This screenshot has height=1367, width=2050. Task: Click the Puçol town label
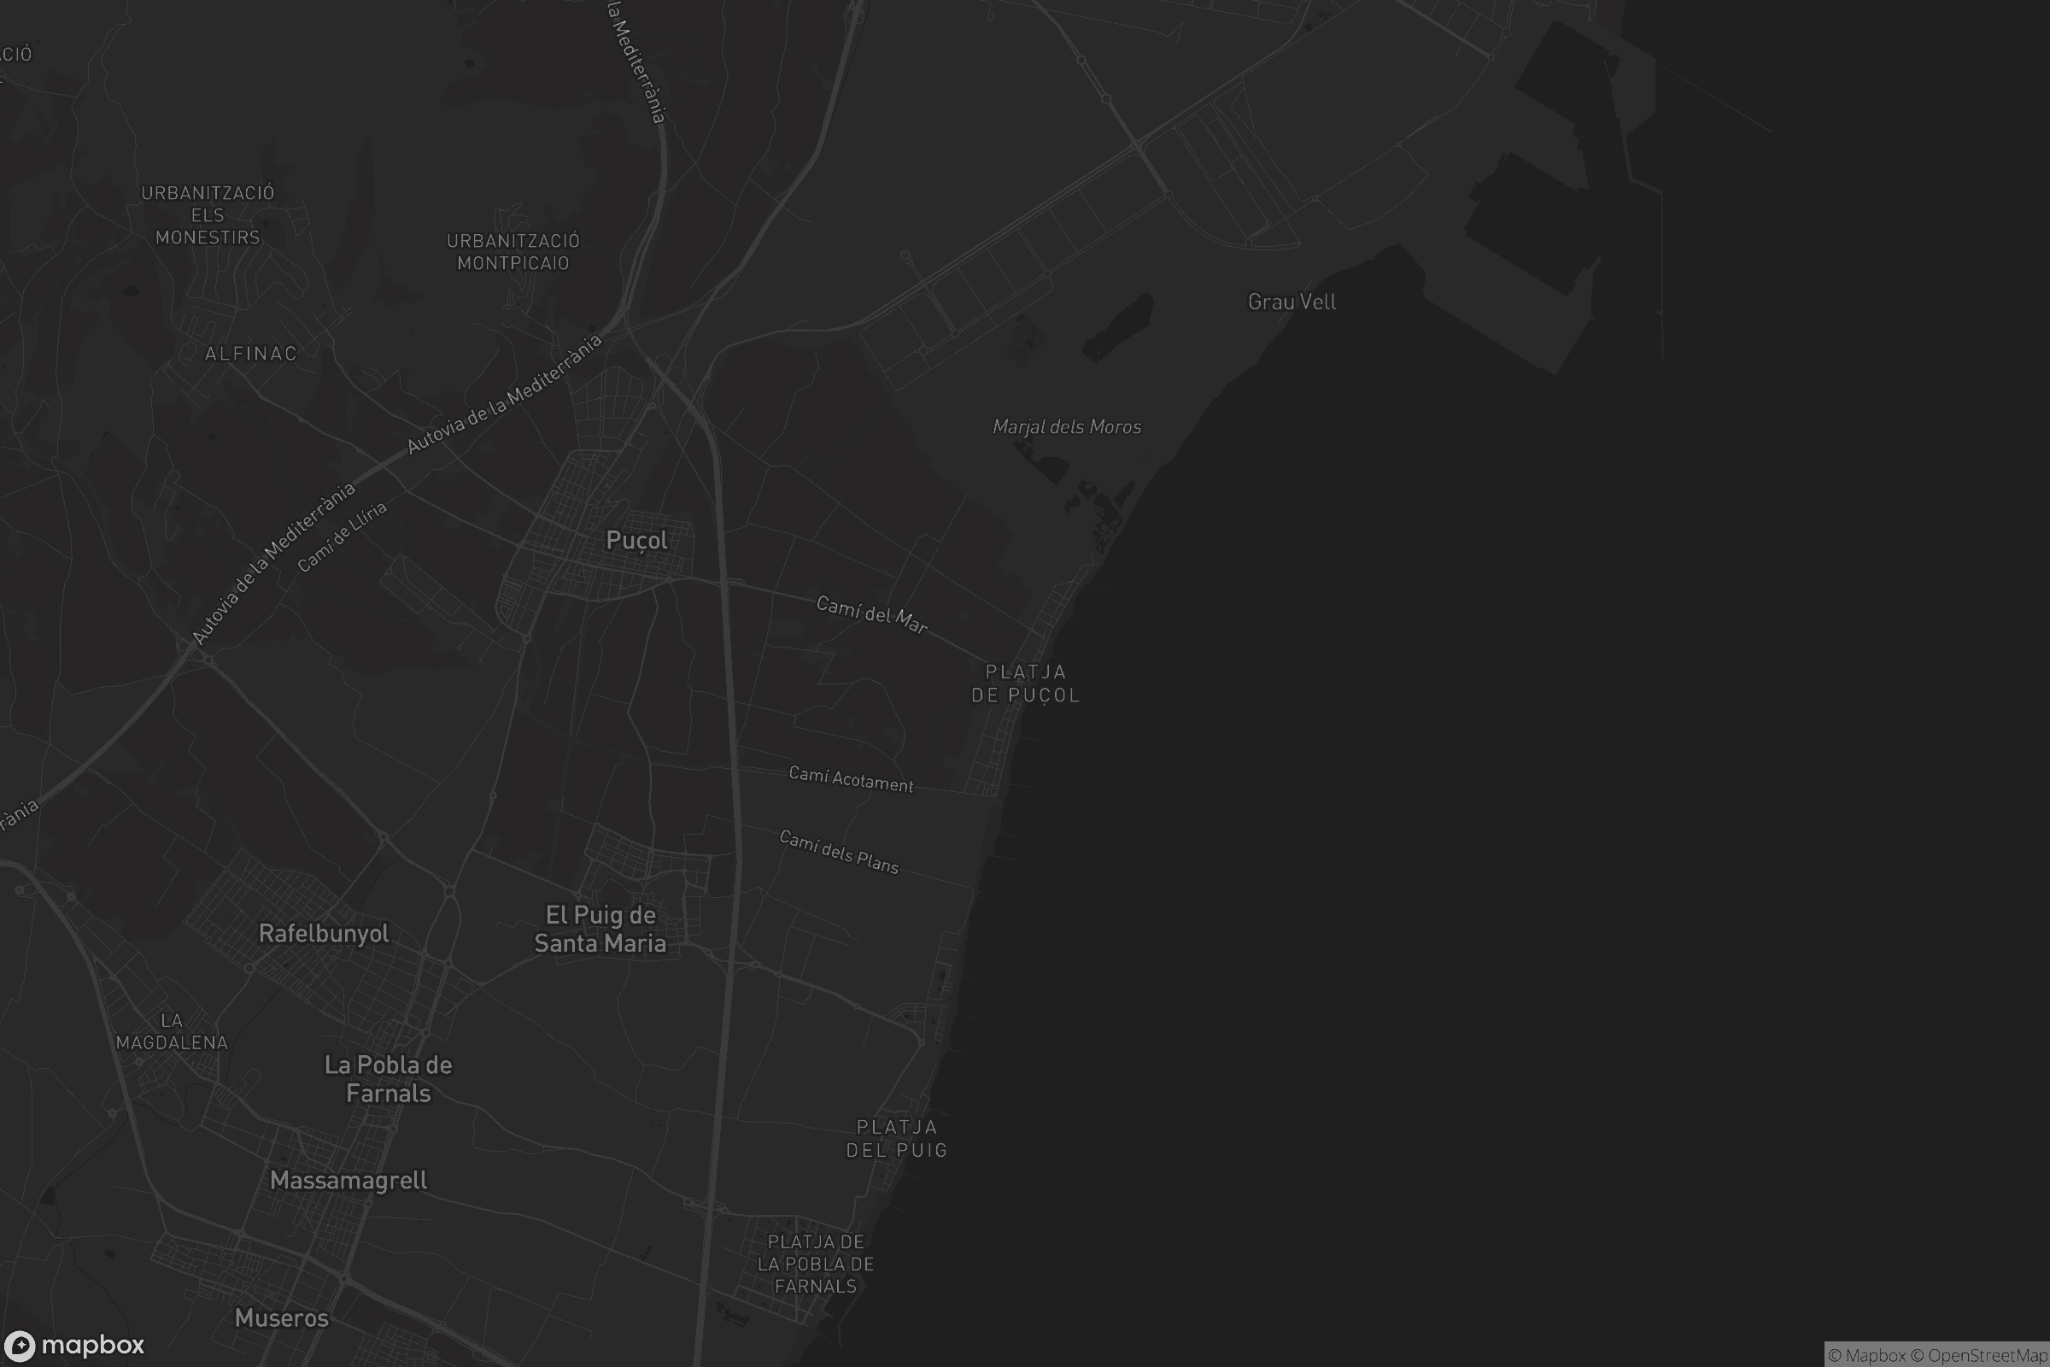636,541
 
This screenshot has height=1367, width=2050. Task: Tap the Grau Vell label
1291,302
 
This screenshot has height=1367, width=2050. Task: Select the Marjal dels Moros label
1067,426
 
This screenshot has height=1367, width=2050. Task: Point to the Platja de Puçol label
1025,683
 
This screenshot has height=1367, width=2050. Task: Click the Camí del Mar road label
871,613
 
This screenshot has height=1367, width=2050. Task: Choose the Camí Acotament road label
851,778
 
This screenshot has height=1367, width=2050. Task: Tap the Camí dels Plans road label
839,851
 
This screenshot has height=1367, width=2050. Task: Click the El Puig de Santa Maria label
600,929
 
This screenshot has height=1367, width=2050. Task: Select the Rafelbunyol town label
324,934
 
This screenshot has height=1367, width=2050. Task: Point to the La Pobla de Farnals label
388,1078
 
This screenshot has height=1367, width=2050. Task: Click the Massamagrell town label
348,1181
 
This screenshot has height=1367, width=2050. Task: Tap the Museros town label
282,1318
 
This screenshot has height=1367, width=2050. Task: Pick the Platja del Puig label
897,1139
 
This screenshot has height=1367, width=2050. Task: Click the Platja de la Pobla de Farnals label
816,1264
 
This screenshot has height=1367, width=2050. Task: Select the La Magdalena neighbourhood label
172,1031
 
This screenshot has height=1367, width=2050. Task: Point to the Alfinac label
251,353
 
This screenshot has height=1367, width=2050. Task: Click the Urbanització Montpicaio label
513,252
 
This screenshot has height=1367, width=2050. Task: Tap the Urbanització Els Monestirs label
208,214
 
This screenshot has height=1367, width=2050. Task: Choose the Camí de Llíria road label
342,537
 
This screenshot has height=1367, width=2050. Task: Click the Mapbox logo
73,1345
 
